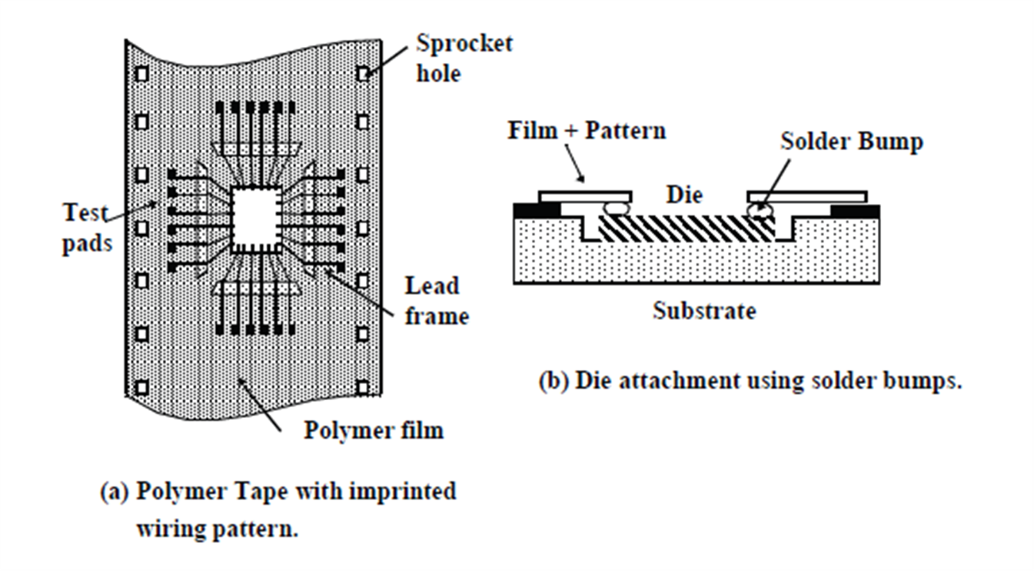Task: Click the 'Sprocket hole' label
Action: [x=464, y=58]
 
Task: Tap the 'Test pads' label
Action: [x=87, y=227]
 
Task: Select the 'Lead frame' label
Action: [x=437, y=300]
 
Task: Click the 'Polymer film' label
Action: [x=374, y=429]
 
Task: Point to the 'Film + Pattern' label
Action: [x=586, y=130]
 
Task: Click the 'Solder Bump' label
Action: [x=851, y=142]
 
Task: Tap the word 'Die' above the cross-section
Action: [x=685, y=195]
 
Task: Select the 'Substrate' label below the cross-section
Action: [x=704, y=311]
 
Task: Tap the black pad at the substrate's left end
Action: [x=527, y=209]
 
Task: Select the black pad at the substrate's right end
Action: [x=856, y=209]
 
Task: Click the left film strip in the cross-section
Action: [x=585, y=196]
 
